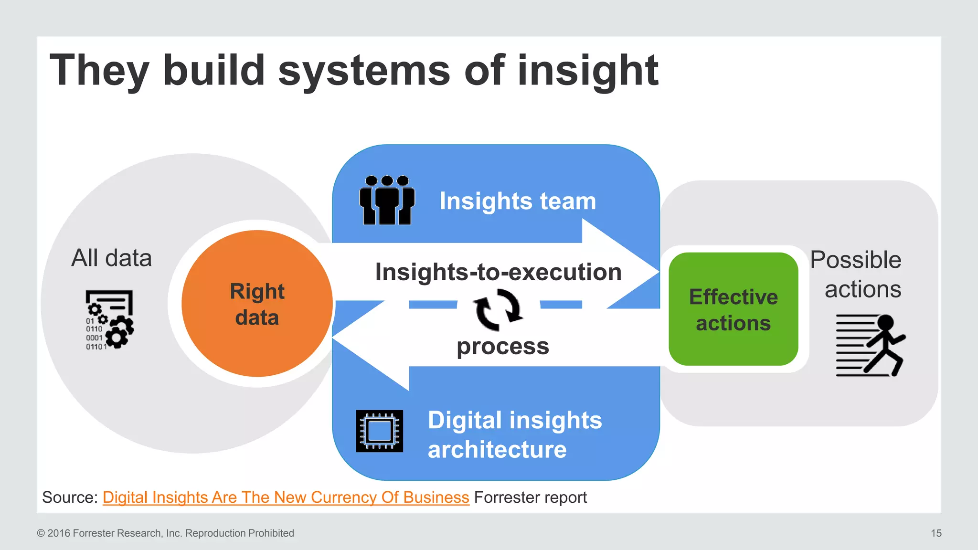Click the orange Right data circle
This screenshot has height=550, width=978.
[x=257, y=304]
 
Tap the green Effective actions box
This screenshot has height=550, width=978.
[x=733, y=309]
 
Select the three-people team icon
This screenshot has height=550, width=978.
[x=387, y=200]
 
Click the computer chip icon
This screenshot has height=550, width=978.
[x=380, y=431]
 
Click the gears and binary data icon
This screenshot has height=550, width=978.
[x=109, y=320]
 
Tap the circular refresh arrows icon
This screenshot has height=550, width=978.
[x=498, y=309]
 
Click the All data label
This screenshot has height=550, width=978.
[x=111, y=258]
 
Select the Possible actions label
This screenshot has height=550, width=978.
[x=856, y=274]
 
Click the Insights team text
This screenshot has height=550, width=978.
[x=518, y=201]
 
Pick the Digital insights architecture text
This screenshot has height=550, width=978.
[x=514, y=434]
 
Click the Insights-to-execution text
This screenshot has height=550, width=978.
[x=498, y=272]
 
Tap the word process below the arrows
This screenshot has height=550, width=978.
[x=502, y=346]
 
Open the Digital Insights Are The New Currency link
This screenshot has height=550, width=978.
[x=286, y=497]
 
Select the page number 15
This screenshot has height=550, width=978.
[x=936, y=533]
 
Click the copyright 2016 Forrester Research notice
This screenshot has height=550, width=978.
[x=165, y=533]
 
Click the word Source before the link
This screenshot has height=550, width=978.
[x=70, y=497]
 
